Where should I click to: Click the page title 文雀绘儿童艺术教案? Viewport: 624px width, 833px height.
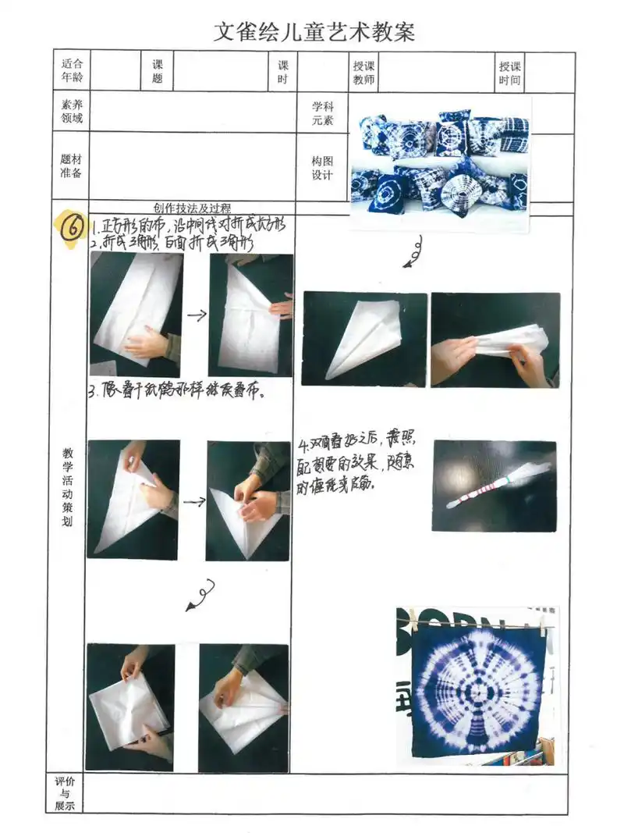pyautogui.click(x=314, y=32)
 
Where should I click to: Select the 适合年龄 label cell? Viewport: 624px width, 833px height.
pyautogui.click(x=72, y=72)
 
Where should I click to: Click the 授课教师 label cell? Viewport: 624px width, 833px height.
pyautogui.click(x=363, y=73)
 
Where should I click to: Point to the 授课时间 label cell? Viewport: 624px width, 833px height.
pyautogui.click(x=511, y=73)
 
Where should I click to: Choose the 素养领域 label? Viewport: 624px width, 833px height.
pyautogui.click(x=72, y=112)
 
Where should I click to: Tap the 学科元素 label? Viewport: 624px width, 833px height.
pyautogui.click(x=322, y=113)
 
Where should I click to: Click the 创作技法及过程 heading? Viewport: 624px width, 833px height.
pyautogui.click(x=192, y=208)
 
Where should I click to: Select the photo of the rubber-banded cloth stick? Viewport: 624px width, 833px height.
pyautogui.click(x=494, y=486)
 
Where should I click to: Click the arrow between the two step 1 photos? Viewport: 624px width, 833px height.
pyautogui.click(x=196, y=315)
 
